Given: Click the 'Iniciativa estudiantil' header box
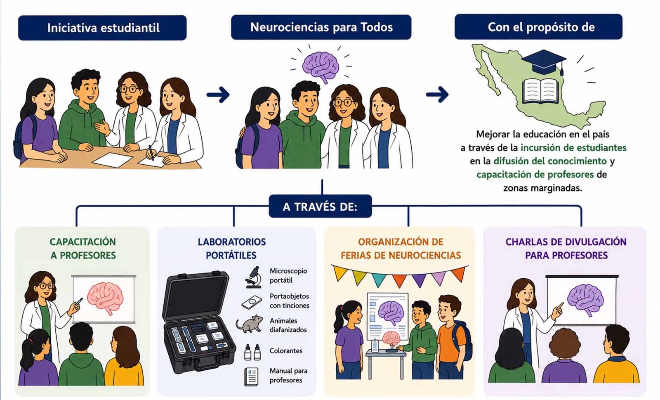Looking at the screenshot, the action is coord(102,28).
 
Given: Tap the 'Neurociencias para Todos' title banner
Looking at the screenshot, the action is coord(321,27).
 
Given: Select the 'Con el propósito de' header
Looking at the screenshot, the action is coord(539,27).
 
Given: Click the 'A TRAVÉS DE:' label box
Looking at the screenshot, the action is coord(320,206).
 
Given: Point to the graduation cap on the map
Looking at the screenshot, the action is coord(544,62).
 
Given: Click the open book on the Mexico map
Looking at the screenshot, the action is coord(540,90).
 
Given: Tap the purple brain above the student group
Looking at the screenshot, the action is coord(321,66).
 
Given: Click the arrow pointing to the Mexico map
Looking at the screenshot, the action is coord(437,95).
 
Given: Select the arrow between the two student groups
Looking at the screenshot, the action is coord(218,95).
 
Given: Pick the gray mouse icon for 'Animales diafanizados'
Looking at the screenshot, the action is coord(249,324).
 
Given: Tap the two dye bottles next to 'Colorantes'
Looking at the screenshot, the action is coord(252,352).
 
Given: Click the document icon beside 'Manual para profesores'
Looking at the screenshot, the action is coord(251,376).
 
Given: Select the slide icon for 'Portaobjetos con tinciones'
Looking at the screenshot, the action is coord(252,302).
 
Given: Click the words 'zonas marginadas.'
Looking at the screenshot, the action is coord(543,188).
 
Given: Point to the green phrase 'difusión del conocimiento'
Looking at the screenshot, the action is coord(550,161).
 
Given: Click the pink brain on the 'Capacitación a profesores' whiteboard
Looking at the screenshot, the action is coord(105,298).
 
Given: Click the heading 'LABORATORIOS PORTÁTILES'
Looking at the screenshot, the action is coord(231,249).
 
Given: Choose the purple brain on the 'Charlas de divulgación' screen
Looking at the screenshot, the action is coord(585,300).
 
